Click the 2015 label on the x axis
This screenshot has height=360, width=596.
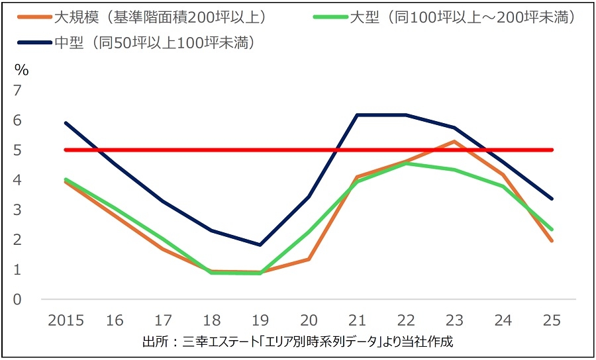66,321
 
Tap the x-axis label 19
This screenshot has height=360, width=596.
260,321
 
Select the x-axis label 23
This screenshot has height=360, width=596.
454,321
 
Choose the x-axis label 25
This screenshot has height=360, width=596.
551,321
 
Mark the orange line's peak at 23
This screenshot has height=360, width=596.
454,141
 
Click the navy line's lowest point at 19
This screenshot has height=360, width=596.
260,245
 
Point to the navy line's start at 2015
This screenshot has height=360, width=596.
66,122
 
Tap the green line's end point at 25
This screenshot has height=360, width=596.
551,230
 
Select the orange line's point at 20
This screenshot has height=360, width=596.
309,259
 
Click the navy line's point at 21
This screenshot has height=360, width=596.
358,115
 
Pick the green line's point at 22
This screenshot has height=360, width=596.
406,163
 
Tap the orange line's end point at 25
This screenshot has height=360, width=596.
551,240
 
